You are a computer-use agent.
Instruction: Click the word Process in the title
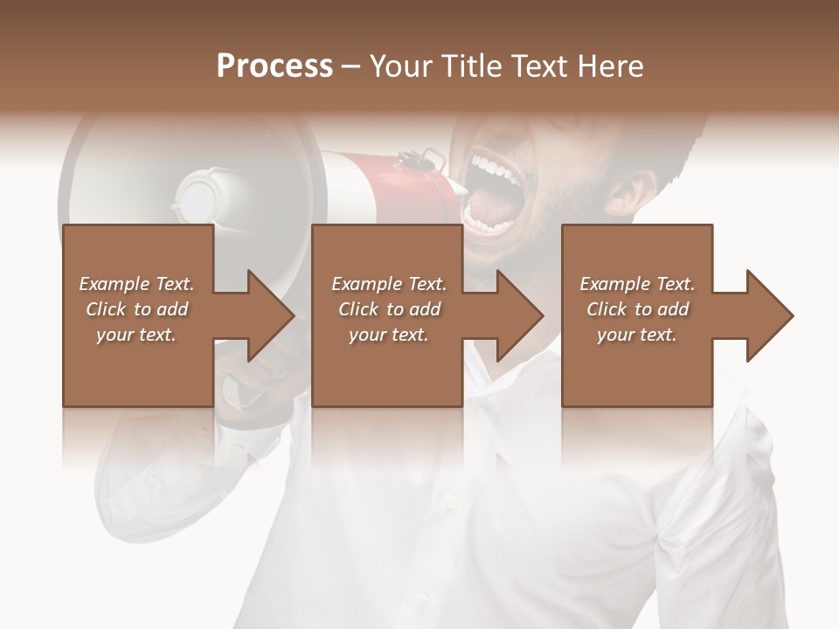click(x=274, y=66)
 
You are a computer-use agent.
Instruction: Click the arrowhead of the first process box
click(x=270, y=315)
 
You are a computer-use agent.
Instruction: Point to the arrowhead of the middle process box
click(x=519, y=315)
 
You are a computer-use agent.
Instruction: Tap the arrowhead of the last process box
click(x=769, y=315)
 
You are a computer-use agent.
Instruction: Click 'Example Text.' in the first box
click(x=136, y=284)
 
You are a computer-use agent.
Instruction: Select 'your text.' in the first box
click(x=136, y=335)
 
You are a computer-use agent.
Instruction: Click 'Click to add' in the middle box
click(x=389, y=309)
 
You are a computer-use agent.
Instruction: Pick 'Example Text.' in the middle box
click(x=389, y=284)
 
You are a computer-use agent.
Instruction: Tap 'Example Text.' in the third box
click(x=637, y=284)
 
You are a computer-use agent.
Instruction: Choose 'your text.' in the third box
click(x=637, y=335)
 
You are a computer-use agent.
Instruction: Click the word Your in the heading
click(x=399, y=66)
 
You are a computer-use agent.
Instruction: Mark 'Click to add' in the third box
click(x=637, y=309)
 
